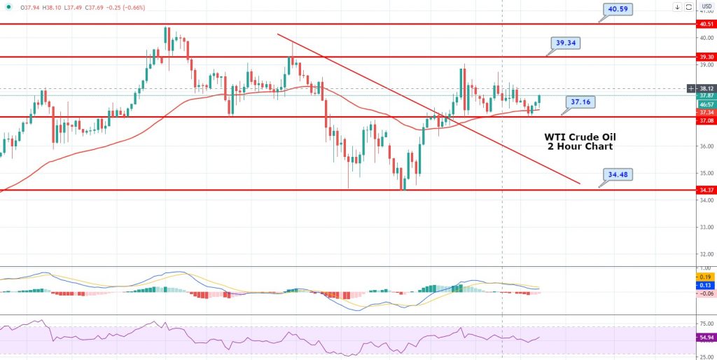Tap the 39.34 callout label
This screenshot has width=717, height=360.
coord(567,43)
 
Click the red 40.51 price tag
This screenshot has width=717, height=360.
coord(706,23)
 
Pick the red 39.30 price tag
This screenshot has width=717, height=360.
coord(706,57)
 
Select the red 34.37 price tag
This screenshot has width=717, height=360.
coord(706,190)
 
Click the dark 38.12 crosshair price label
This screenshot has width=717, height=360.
coord(706,88)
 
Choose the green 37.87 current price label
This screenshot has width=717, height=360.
coord(706,96)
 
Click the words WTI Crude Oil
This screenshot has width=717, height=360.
coord(580,137)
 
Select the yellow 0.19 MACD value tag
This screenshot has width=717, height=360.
coord(706,277)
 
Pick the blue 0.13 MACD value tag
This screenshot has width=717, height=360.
coord(706,285)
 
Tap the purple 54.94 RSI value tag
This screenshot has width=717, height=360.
coord(706,338)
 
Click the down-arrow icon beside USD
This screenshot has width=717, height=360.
coord(678,8)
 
